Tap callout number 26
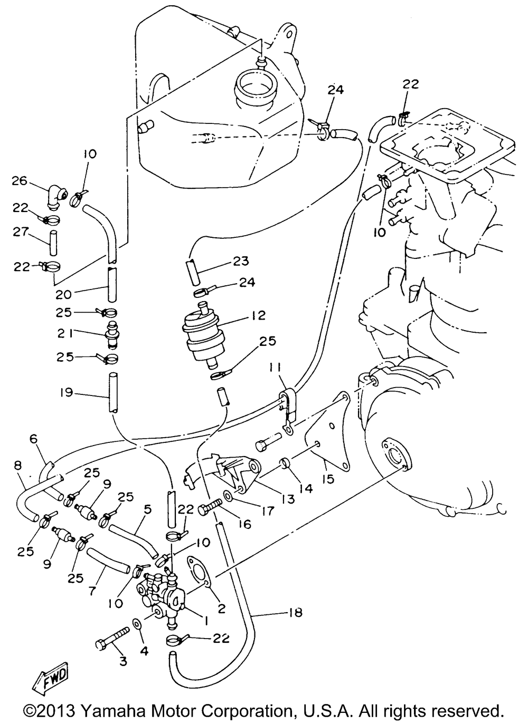[20, 181]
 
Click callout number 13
[288, 498]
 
